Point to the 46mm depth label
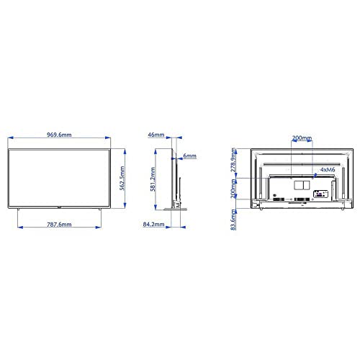(x=156, y=135)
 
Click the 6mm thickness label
(x=191, y=156)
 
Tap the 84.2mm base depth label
(x=151, y=225)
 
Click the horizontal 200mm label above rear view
(x=302, y=138)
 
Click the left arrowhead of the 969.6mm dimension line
(x=9, y=141)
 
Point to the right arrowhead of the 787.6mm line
(x=99, y=225)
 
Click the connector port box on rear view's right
(x=323, y=194)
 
